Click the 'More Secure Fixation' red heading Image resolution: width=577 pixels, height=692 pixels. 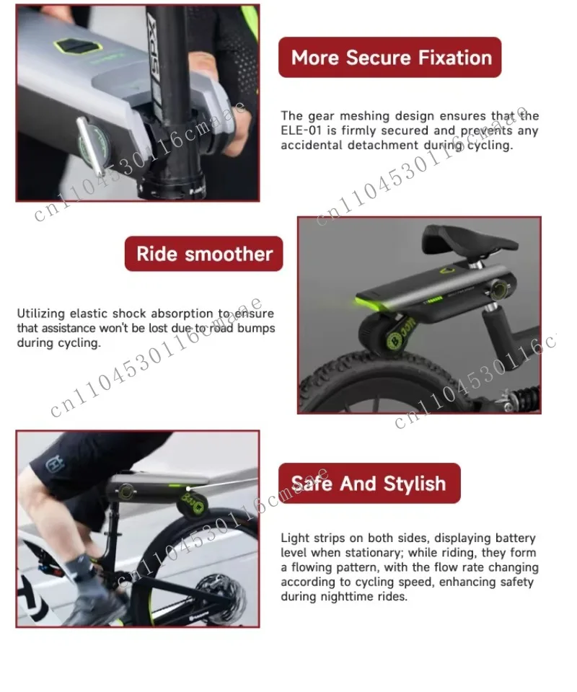click(390, 58)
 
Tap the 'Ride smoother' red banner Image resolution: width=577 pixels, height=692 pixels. click(204, 254)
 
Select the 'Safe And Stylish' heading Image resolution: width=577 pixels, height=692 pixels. click(369, 483)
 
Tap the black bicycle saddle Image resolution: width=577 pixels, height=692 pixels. click(468, 241)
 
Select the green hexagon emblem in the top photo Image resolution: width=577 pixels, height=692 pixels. click(79, 46)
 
